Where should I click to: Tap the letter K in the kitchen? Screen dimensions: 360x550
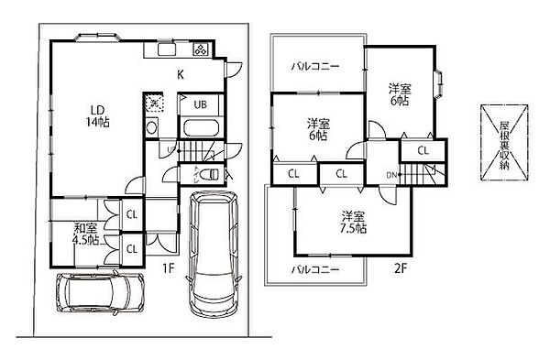[181, 74]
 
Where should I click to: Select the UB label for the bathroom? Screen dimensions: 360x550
[200, 104]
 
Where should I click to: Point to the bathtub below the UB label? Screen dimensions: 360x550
[199, 128]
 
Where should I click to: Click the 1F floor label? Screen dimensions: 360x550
[168, 267]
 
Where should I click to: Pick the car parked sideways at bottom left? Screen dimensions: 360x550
[98, 292]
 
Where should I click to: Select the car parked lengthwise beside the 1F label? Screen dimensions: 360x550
[213, 252]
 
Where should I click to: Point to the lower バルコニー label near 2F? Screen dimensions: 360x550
[316, 270]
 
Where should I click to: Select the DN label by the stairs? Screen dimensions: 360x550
[390, 174]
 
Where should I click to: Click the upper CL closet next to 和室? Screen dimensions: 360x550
[131, 215]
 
